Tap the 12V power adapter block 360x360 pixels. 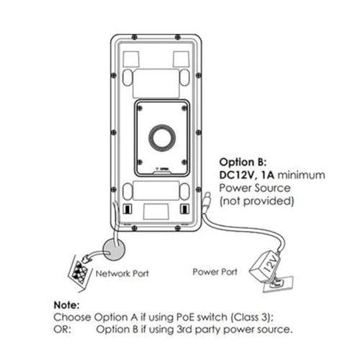(x=265, y=266)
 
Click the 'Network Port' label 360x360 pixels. (x=122, y=274)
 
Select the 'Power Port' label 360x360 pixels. (x=215, y=271)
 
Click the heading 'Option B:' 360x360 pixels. (x=243, y=162)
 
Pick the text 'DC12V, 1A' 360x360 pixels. (x=247, y=175)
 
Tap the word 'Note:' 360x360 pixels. (x=66, y=305)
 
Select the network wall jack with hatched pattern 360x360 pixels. (x=79, y=273)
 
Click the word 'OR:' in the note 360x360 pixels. (x=63, y=329)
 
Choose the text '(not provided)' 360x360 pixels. (x=256, y=201)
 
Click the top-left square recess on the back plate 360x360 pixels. (x=131, y=59)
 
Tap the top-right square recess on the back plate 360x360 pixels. (x=181, y=59)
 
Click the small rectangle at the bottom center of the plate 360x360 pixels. (x=156, y=212)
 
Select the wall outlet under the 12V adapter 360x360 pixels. (x=279, y=284)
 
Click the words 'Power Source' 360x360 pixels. (x=255, y=188)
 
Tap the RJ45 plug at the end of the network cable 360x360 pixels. (x=86, y=258)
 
